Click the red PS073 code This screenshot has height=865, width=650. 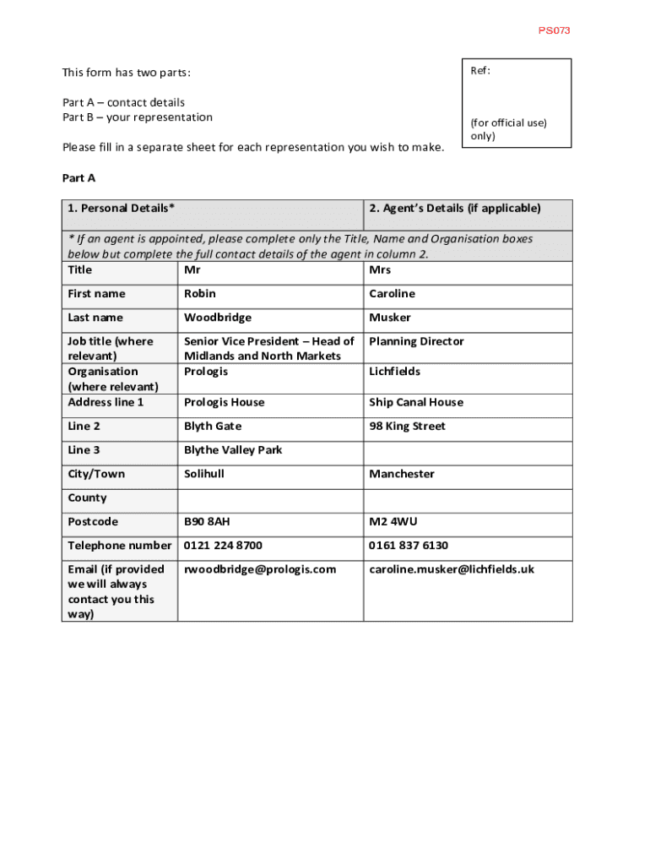pyautogui.click(x=555, y=30)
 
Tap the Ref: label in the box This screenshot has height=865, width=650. pyautogui.click(x=480, y=71)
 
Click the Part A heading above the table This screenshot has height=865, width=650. pyautogui.click(x=79, y=177)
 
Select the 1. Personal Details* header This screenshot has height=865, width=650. pyautogui.click(x=122, y=208)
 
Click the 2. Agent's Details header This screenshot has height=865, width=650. pyautogui.click(x=454, y=208)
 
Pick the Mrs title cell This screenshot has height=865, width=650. pyautogui.click(x=380, y=270)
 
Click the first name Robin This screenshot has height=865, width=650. pyautogui.click(x=200, y=294)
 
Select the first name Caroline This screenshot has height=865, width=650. pyautogui.click(x=392, y=294)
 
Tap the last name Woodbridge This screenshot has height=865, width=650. pyautogui.click(x=218, y=318)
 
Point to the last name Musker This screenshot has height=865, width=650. pyautogui.click(x=390, y=318)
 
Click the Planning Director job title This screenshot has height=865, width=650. pyautogui.click(x=416, y=341)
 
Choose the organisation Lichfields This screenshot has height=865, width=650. pyautogui.click(x=394, y=372)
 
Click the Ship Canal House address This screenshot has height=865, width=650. pyautogui.click(x=416, y=402)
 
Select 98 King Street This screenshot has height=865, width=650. pyautogui.click(x=407, y=426)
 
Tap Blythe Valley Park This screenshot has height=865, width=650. pyautogui.click(x=233, y=450)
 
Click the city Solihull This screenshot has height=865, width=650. pyautogui.click(x=204, y=474)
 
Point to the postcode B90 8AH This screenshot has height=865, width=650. pyautogui.click(x=207, y=522)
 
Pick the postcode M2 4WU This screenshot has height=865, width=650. pyautogui.click(x=393, y=522)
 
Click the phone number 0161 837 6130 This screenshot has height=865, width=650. pyautogui.click(x=409, y=546)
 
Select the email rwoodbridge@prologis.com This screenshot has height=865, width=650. pyautogui.click(x=260, y=569)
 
